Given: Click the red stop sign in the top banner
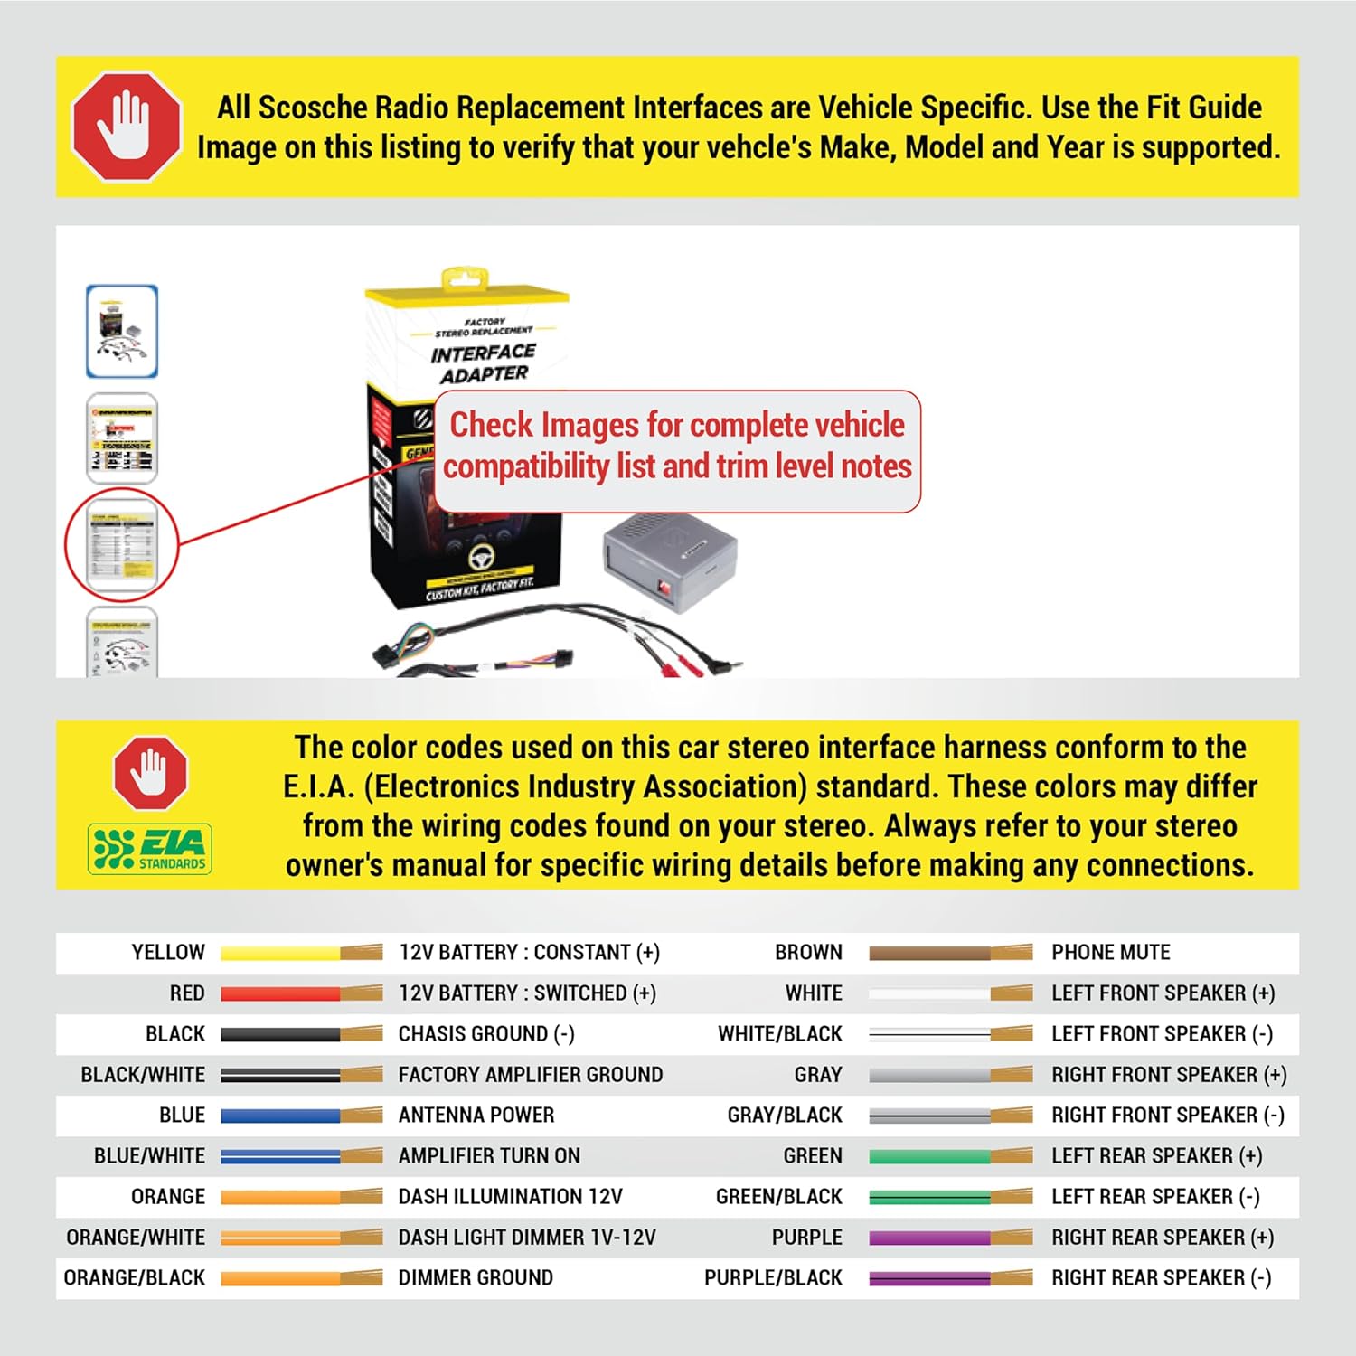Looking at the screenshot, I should point(126,127).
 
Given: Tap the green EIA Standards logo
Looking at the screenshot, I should point(150,849).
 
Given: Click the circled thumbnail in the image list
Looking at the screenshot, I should point(122,544).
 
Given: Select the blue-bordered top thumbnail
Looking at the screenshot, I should point(122,331).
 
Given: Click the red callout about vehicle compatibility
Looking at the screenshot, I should point(677,447).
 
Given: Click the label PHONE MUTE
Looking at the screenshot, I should point(1110,953).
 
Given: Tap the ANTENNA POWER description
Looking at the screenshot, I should point(476,1116).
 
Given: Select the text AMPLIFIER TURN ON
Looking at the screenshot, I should point(489,1156).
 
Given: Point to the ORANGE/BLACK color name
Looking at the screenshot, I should point(135,1278).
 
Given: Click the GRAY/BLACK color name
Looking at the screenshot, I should point(785,1116).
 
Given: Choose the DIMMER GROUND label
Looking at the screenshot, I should point(476,1278).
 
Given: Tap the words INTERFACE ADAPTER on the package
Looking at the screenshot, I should point(484,363).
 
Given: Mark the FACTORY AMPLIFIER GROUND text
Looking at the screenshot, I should point(531,1075).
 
